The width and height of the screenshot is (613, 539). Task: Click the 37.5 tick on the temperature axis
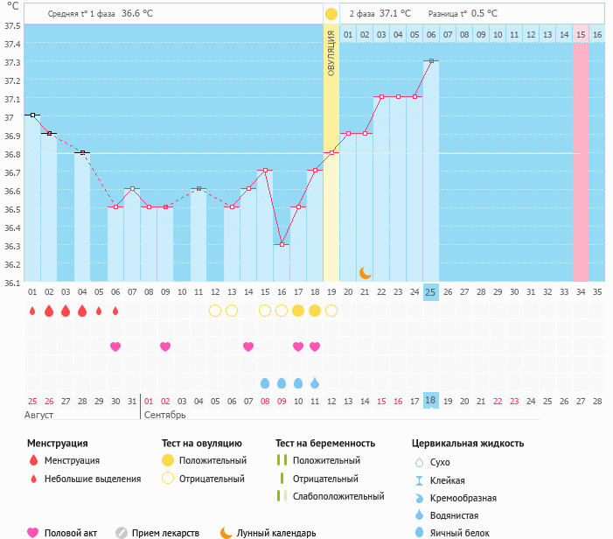(x=11, y=25)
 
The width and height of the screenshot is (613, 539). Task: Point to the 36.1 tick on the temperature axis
(x=11, y=283)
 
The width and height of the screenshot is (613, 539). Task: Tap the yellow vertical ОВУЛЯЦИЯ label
(x=331, y=52)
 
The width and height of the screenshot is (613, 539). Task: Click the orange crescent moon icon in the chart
(x=365, y=273)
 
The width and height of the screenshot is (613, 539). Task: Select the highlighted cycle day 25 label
(x=430, y=291)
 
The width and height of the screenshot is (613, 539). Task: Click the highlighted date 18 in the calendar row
(x=430, y=400)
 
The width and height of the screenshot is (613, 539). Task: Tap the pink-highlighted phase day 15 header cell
(x=581, y=34)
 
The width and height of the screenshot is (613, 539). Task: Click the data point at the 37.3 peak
(x=430, y=61)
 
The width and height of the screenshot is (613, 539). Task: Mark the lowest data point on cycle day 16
(x=281, y=244)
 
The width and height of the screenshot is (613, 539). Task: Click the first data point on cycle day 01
(x=32, y=115)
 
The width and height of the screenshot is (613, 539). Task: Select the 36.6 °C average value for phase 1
(x=136, y=13)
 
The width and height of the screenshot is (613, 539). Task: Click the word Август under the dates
(x=38, y=414)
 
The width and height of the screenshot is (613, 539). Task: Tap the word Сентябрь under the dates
(x=165, y=414)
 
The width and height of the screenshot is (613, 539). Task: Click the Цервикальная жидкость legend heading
(x=468, y=443)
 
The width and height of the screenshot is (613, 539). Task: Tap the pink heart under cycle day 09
(x=165, y=346)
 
